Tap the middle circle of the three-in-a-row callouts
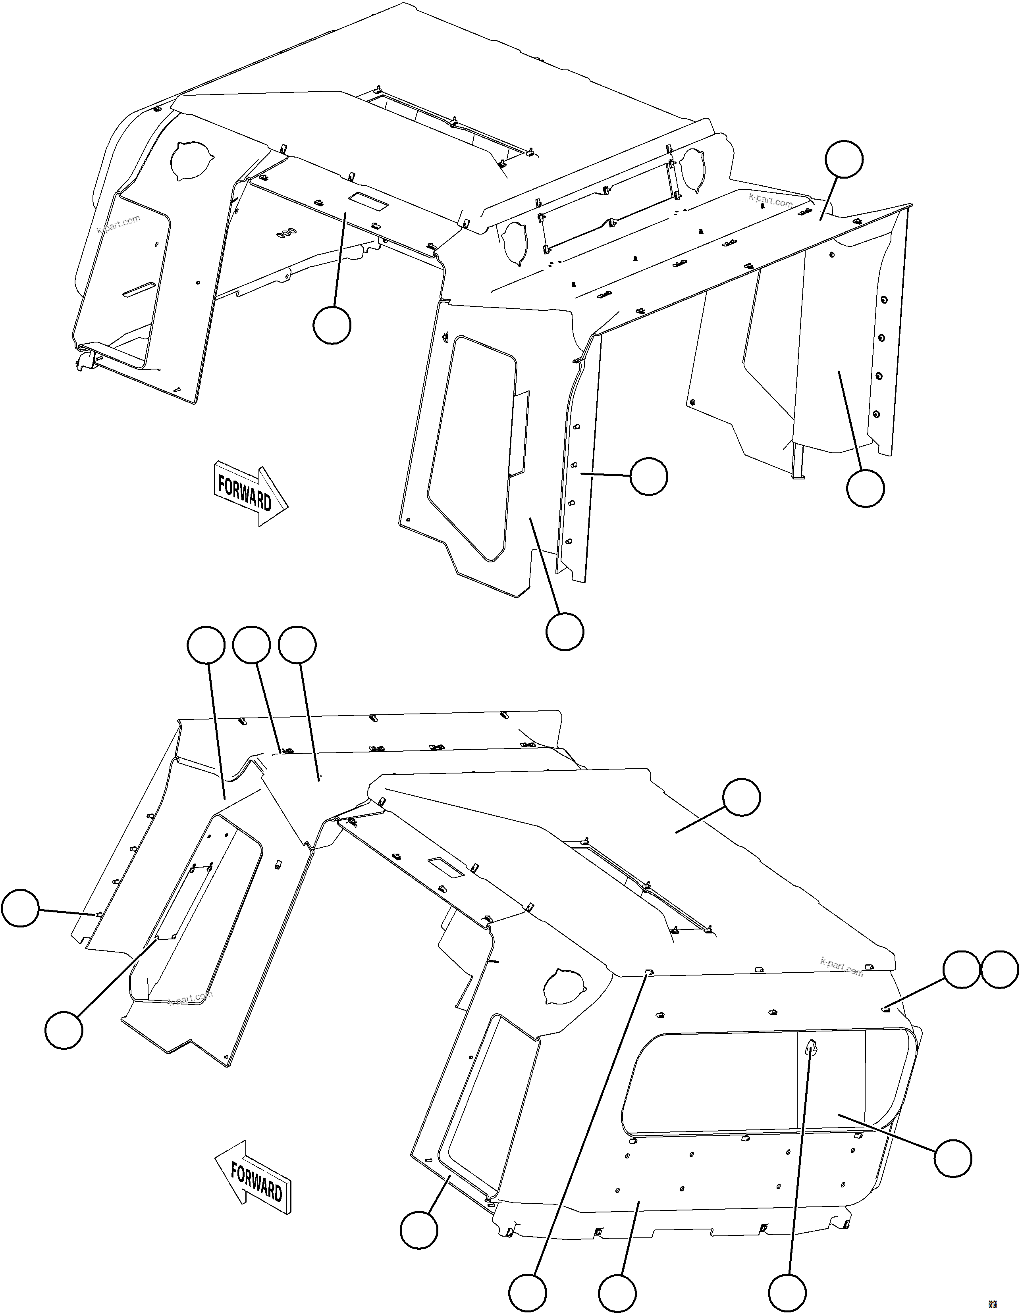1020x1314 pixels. tap(251, 646)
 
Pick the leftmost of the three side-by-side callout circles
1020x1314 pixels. tap(206, 646)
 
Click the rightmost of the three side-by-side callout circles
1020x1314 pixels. tap(297, 646)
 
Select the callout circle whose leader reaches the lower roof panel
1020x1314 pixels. tap(741, 797)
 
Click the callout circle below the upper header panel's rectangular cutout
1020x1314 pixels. tap(332, 325)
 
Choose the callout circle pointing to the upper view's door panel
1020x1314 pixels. tap(565, 631)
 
